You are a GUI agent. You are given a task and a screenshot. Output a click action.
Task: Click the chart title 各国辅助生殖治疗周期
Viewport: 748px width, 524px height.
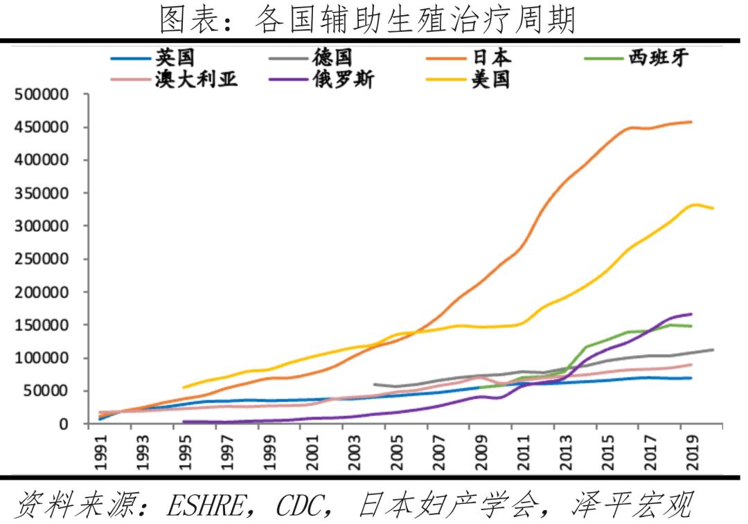tap(367, 19)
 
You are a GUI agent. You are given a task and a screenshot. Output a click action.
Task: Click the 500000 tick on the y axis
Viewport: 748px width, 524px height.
tap(43, 95)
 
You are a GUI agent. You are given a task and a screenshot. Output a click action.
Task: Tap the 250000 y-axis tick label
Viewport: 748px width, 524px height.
tap(43, 260)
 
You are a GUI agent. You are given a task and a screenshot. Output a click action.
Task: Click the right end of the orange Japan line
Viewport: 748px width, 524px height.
tap(691, 122)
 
